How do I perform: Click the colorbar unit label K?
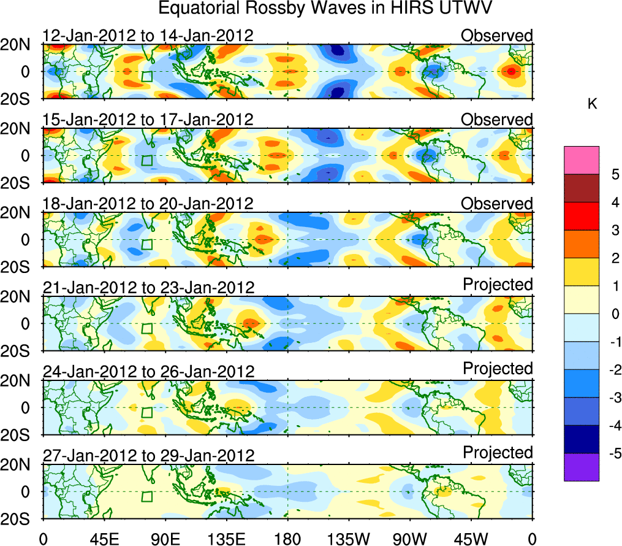[592, 105]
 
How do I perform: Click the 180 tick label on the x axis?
[287, 539]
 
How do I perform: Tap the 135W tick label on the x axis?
[347, 539]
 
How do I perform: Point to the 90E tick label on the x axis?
[165, 539]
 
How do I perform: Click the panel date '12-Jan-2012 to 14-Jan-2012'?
[148, 36]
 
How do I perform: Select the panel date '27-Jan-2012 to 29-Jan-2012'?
[148, 456]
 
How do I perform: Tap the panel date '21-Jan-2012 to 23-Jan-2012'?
[148, 288]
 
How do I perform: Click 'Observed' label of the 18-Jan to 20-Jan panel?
[497, 203]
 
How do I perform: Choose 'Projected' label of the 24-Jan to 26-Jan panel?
[498, 369]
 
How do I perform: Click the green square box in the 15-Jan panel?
[146, 161]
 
